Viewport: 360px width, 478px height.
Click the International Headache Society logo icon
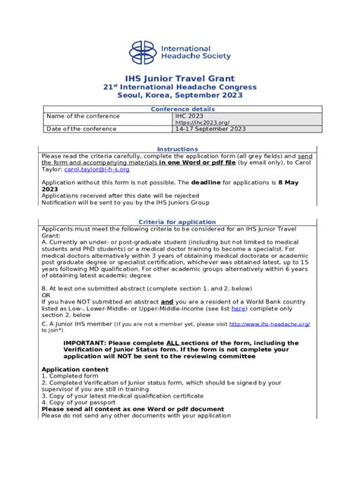(x=142, y=52)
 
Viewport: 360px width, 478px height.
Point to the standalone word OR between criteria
(x=46, y=296)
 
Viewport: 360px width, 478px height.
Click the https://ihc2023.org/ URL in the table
(x=202, y=122)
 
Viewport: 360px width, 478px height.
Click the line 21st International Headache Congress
(x=179, y=86)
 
